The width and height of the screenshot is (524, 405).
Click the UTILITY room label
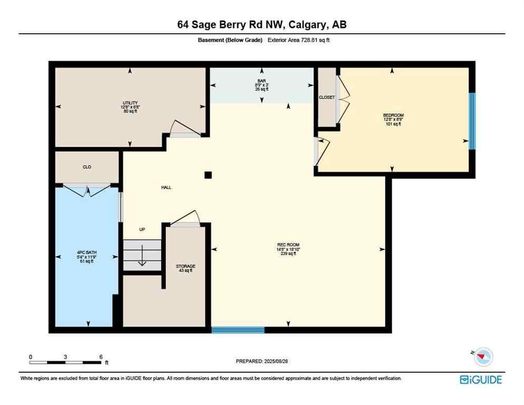pyautogui.click(x=130, y=103)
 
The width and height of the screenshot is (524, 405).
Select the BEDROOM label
pyautogui.click(x=393, y=115)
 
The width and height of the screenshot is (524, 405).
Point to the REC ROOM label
pyautogui.click(x=288, y=244)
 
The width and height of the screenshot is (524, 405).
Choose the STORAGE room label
pyautogui.click(x=186, y=266)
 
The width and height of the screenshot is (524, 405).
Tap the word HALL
pyautogui.click(x=166, y=187)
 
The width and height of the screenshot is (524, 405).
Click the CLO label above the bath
pyautogui.click(x=87, y=167)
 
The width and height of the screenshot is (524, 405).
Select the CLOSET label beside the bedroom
pyautogui.click(x=327, y=98)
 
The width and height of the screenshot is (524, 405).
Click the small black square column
pyautogui.click(x=208, y=175)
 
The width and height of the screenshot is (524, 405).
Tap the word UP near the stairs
pyautogui.click(x=142, y=229)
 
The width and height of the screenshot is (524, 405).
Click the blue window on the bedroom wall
pyautogui.click(x=472, y=121)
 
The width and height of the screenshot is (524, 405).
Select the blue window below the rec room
pyautogui.click(x=238, y=330)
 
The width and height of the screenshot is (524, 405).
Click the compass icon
pyautogui.click(x=483, y=357)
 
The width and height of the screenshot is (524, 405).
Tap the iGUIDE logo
pyautogui.click(x=481, y=380)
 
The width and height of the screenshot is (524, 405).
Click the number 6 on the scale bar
pyautogui.click(x=100, y=356)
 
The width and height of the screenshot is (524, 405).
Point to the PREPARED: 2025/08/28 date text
pyautogui.click(x=262, y=361)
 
